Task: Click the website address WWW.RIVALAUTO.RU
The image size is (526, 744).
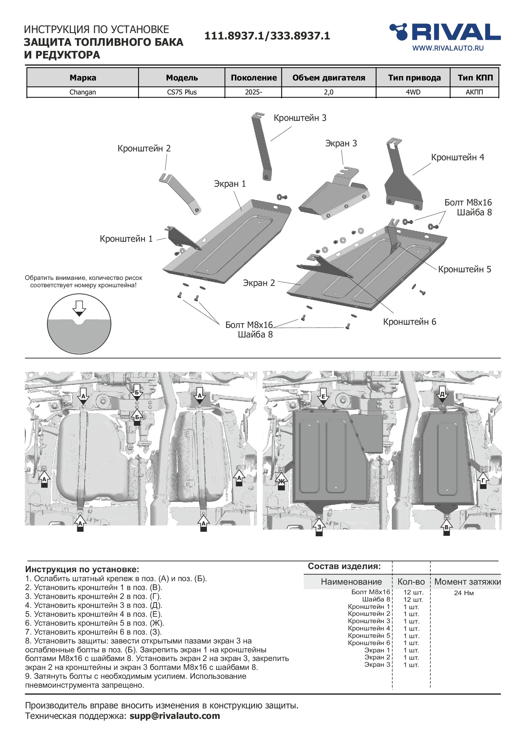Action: (x=448, y=48)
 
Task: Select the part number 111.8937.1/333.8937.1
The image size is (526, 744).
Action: (x=267, y=36)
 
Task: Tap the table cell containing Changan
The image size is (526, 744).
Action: (x=83, y=92)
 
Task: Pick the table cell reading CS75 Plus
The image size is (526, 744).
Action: (x=182, y=92)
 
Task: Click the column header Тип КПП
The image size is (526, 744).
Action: (x=475, y=78)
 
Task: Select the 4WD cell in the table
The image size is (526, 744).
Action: (x=413, y=92)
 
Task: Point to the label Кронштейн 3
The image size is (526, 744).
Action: (x=300, y=118)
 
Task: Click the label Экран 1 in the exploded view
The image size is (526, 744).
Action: (x=230, y=184)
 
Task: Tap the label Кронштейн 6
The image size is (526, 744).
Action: (x=409, y=322)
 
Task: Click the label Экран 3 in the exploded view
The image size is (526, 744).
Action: (x=341, y=143)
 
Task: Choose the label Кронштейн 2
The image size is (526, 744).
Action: (x=144, y=149)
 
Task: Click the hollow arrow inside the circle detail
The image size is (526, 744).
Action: (x=80, y=308)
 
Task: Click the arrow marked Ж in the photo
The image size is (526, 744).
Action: (x=281, y=482)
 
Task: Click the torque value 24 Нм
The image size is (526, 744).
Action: (x=464, y=593)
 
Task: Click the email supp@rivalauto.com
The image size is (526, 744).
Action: (x=175, y=716)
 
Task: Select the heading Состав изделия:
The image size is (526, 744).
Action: (x=344, y=566)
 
